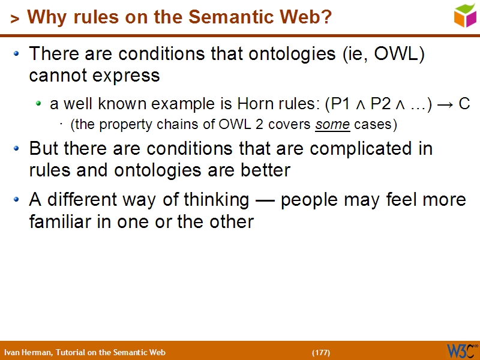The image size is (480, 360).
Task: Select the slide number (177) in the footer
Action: pyautogui.click(x=321, y=352)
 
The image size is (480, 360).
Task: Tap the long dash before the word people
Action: pyautogui.click(x=265, y=200)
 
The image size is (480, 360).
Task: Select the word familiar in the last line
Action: pyautogui.click(x=56, y=221)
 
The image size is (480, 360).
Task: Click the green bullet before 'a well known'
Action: pyautogui.click(x=38, y=104)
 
